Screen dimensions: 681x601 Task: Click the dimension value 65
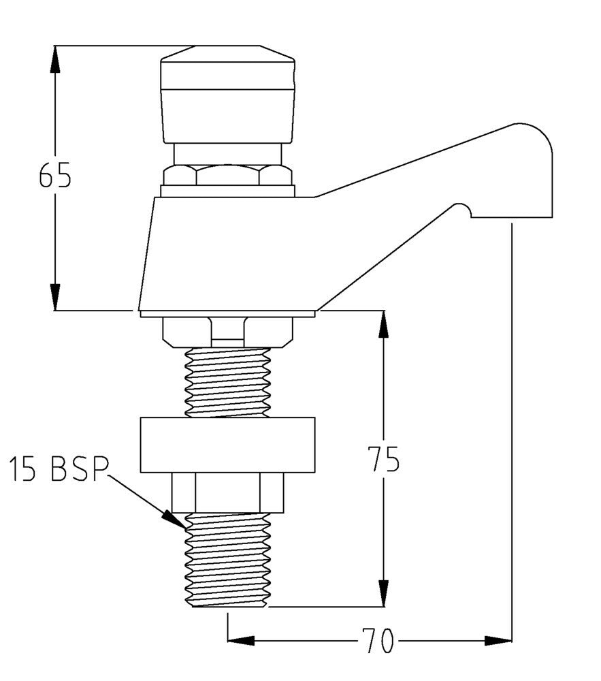(x=54, y=176)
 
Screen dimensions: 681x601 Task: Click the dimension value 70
(x=377, y=641)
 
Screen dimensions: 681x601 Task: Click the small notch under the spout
(x=462, y=209)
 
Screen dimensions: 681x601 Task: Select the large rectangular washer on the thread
(x=227, y=445)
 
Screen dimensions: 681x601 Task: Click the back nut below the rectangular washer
(x=227, y=492)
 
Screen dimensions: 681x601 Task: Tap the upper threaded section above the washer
(x=227, y=381)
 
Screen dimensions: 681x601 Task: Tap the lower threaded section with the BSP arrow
(x=227, y=558)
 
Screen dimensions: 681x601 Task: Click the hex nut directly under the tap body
(x=227, y=330)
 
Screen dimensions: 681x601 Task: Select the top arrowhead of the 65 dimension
(x=55, y=59)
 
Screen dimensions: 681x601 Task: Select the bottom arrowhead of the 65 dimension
(x=55, y=298)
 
